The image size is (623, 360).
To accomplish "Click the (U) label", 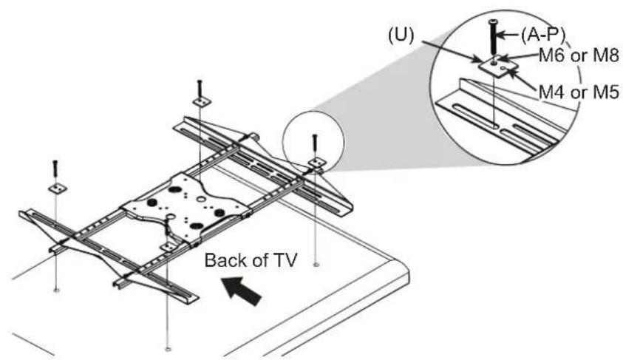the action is point(401,35).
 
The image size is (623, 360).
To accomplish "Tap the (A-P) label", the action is point(542,35).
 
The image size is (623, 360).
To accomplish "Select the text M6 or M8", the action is point(579,55).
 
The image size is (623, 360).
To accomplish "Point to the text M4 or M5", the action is point(579,92).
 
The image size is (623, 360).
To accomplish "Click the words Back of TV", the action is point(251,261).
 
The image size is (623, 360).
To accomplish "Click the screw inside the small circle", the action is point(315,146).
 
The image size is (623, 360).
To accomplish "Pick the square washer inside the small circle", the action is point(316,162).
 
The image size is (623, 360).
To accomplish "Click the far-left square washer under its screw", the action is point(58,189).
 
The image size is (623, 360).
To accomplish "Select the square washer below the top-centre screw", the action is point(202,102).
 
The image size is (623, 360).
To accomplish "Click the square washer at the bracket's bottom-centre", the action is point(168,247).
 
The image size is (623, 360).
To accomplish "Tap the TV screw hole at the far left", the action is point(56,291).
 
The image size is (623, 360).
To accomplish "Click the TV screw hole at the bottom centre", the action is point(168,350).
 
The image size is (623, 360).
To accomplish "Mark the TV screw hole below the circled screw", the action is point(316,264).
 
